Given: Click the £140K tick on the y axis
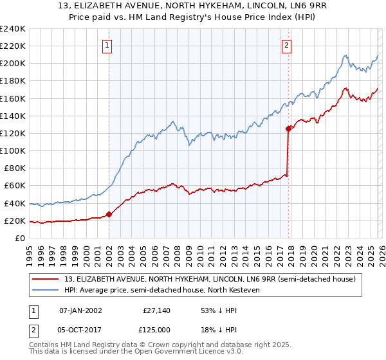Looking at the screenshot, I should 14,116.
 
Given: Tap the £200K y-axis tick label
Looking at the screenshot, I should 14,64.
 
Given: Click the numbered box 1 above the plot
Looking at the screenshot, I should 107,45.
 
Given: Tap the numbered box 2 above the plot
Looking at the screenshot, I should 286,45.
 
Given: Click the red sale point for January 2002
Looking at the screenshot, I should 109,214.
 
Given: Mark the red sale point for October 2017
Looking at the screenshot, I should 288,129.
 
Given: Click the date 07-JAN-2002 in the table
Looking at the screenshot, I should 80,310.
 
